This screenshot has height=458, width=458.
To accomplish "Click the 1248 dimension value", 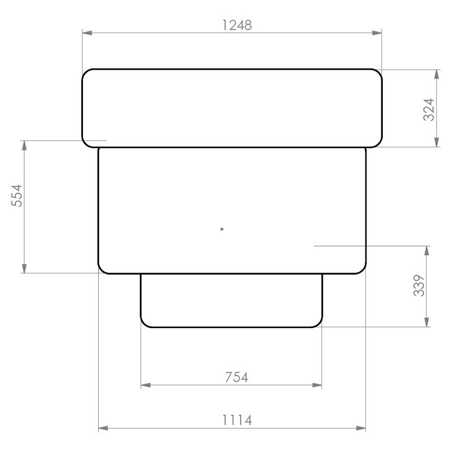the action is pyautogui.click(x=237, y=25).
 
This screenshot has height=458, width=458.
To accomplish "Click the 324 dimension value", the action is pyautogui.click(x=429, y=109).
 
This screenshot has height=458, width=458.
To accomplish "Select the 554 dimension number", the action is pyautogui.click(x=17, y=195).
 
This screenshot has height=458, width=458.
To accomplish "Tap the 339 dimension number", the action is pyautogui.click(x=419, y=286).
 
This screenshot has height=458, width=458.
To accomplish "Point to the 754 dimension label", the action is pyautogui.click(x=236, y=377).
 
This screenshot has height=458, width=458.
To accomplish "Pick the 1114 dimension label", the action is pyautogui.click(x=237, y=420).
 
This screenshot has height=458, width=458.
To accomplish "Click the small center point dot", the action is pyautogui.click(x=222, y=229).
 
